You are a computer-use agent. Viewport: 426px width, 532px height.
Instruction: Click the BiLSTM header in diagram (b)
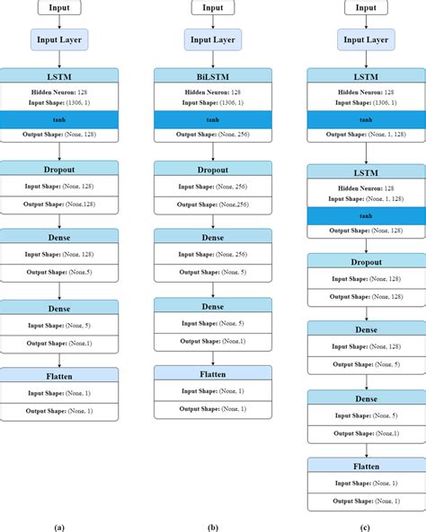point(212,75)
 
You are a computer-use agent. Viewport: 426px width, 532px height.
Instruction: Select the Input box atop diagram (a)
point(59,7)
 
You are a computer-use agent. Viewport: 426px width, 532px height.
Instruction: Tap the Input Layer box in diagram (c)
point(366,39)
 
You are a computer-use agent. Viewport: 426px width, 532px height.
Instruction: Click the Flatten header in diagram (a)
point(59,375)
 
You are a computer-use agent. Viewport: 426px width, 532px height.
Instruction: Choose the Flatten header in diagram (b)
point(212,373)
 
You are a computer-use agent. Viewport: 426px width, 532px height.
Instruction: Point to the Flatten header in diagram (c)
point(366,466)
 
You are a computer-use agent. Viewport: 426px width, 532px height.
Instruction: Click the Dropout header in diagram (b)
point(212,168)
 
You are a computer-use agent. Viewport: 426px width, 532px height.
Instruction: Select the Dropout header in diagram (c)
point(366,261)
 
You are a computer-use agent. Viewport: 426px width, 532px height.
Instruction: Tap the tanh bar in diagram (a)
point(59,118)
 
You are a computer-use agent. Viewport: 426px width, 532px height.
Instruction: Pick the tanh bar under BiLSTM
point(212,118)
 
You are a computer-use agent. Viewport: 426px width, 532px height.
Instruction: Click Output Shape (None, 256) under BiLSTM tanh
point(212,135)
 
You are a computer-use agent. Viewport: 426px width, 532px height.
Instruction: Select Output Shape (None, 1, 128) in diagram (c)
point(366,135)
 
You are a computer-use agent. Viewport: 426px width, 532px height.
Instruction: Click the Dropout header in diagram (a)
point(59,168)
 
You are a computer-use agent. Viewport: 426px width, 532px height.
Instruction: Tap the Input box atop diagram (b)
point(212,7)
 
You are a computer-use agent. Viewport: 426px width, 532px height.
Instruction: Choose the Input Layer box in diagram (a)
point(59,39)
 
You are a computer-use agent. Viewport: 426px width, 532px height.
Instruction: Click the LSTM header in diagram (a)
point(59,75)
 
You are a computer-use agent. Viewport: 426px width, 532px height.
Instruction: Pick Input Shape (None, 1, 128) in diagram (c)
point(366,197)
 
